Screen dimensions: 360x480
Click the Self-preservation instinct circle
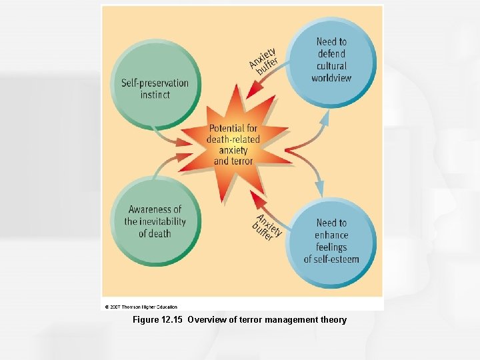[155, 85]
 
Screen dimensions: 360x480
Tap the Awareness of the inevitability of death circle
[155, 221]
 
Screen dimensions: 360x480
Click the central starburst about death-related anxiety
[233, 144]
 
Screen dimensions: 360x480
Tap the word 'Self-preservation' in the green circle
[155, 83]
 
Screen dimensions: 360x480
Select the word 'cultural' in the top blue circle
[331, 66]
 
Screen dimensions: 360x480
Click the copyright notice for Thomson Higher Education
[141, 307]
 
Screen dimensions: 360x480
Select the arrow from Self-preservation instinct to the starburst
[167, 137]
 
